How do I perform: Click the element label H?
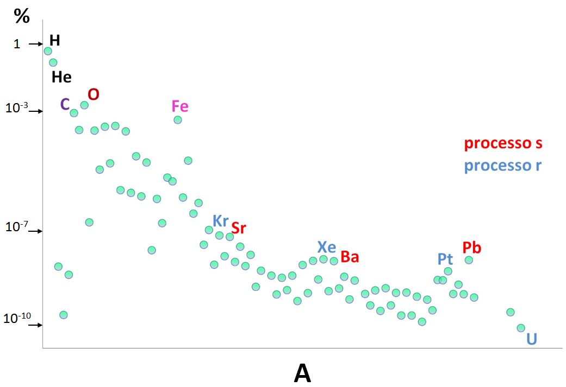point(54,40)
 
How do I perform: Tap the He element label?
point(61,77)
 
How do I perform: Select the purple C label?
point(65,104)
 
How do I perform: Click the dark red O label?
point(94,94)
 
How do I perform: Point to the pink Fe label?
point(179,106)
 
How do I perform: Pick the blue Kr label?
point(220,221)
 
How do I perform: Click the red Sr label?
point(239,228)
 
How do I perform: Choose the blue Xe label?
point(327,247)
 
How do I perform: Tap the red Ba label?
point(350,257)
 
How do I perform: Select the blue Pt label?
point(445,259)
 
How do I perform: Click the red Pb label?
point(471,248)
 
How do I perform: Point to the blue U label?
point(532,339)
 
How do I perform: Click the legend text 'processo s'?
point(503,144)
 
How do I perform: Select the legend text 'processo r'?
point(503,166)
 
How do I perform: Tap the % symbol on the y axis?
point(22,17)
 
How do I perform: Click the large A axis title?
point(302,373)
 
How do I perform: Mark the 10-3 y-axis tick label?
point(16,108)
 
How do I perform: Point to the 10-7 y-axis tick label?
point(16,227)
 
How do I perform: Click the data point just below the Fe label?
point(178,120)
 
